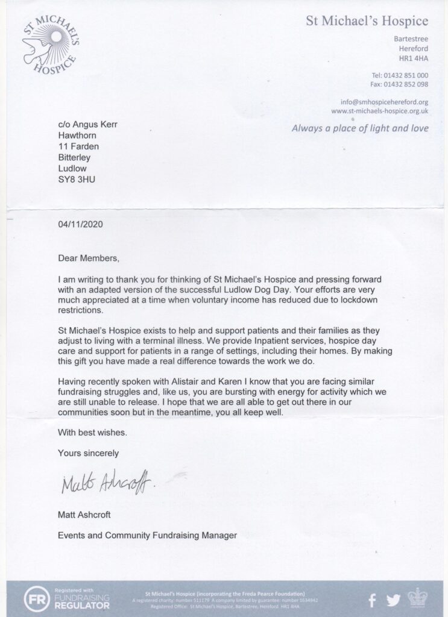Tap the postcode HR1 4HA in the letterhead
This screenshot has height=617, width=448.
coord(415,58)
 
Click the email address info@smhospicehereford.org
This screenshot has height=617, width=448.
coord(385,102)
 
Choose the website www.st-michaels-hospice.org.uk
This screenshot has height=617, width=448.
coord(380,111)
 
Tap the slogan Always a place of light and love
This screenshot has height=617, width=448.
coord(360,128)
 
